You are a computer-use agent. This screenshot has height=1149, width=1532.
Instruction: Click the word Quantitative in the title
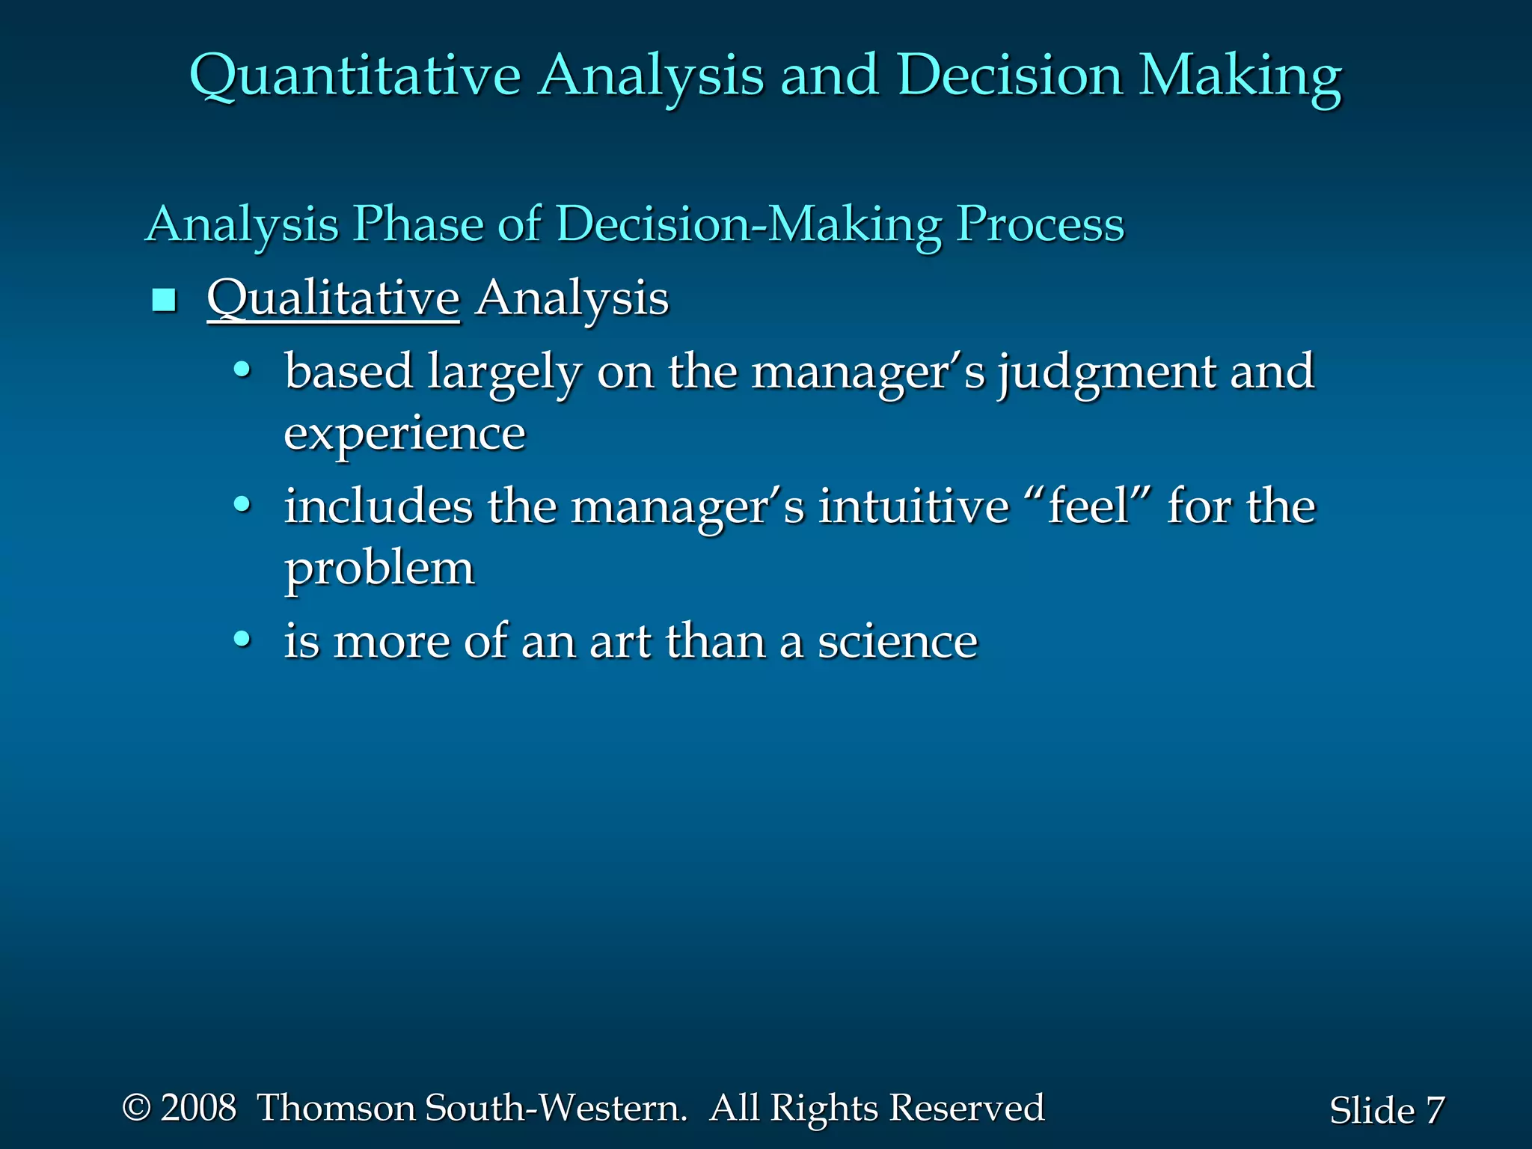(x=355, y=76)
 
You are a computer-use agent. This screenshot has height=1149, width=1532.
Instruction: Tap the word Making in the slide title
(x=1240, y=76)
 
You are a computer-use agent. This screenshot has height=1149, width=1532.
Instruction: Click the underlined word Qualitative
(x=333, y=298)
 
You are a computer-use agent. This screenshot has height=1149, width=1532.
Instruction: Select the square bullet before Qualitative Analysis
(x=164, y=301)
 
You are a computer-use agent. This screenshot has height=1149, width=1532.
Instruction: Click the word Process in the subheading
(x=1040, y=224)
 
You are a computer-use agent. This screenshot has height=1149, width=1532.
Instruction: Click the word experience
(x=405, y=434)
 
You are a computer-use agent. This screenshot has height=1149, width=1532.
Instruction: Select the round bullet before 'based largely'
(x=242, y=370)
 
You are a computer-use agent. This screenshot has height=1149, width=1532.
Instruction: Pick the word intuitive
(x=913, y=506)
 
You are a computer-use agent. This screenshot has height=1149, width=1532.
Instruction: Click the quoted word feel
(x=1088, y=506)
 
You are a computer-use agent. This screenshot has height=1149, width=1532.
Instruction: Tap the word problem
(x=379, y=569)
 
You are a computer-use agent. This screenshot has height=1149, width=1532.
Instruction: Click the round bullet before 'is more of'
(x=242, y=639)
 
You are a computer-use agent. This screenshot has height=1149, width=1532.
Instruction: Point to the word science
(x=897, y=642)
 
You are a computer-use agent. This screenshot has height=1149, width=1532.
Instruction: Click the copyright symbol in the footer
(x=136, y=1108)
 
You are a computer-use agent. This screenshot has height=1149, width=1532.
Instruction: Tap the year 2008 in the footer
(x=198, y=1108)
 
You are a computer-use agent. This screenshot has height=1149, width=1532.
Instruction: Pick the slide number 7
(x=1434, y=1110)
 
